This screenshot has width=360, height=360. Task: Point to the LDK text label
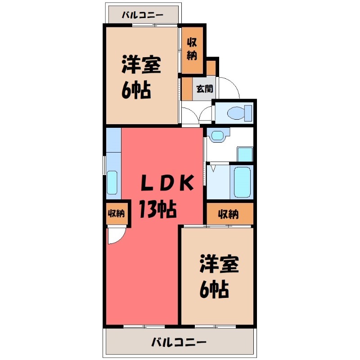coord(168,184)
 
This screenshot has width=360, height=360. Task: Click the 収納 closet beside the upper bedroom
coord(192,50)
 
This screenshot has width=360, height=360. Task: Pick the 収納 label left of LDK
coord(116,213)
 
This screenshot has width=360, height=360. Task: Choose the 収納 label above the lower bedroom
coord(229,214)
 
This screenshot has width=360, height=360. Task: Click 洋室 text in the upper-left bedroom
coord(141,66)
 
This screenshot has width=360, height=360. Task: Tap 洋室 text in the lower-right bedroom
coord(219,265)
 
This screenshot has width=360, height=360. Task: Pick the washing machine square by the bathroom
coord(245,153)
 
